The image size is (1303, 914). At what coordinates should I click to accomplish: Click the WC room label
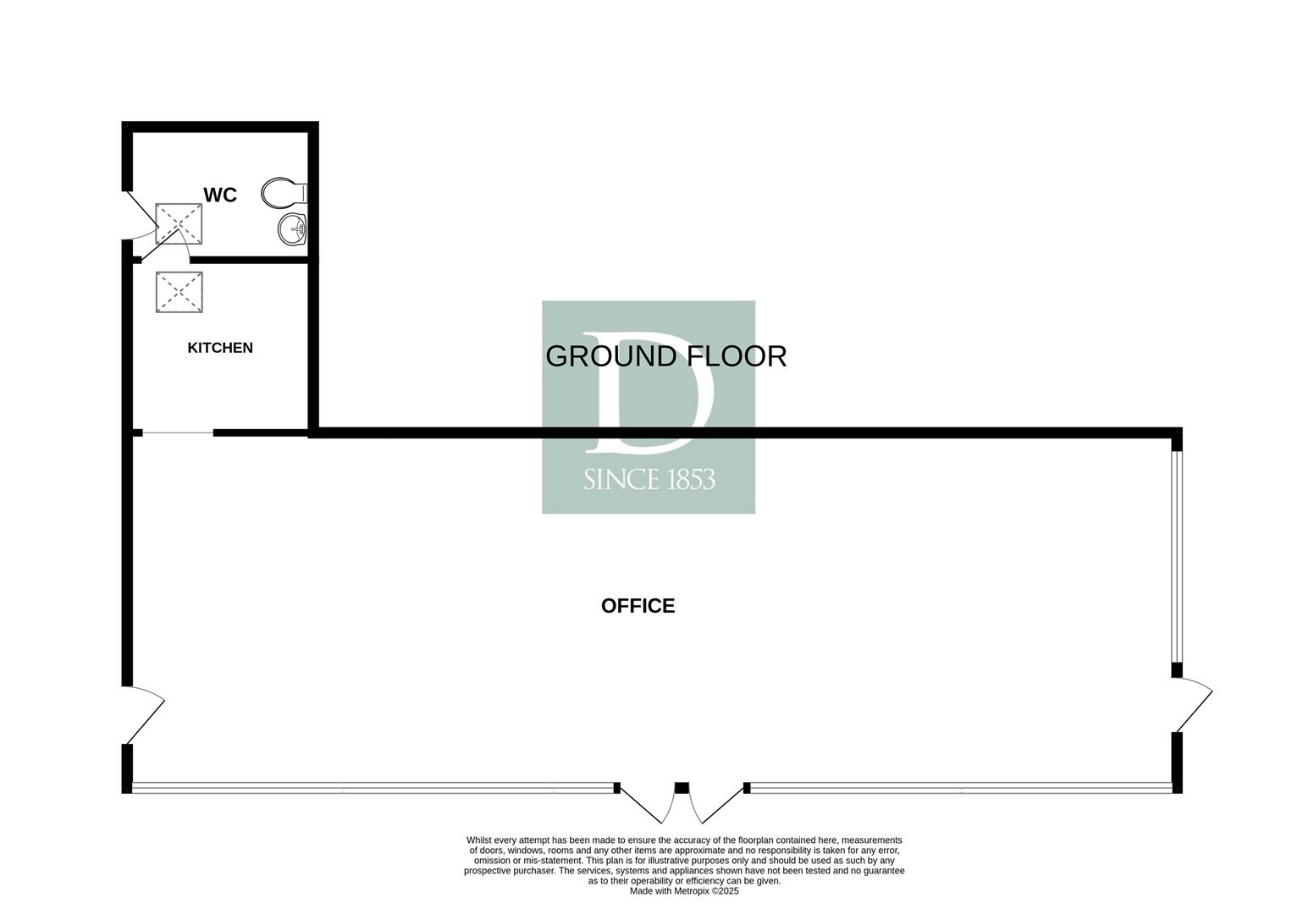[x=220, y=195]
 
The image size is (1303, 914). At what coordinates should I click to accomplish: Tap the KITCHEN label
[x=220, y=348]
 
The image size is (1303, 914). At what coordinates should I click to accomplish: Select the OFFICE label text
[x=638, y=606]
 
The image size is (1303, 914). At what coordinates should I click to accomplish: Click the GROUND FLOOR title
[x=666, y=356]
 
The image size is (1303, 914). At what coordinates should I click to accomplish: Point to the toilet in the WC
[x=284, y=192]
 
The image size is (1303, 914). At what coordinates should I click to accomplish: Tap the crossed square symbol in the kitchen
[x=179, y=292]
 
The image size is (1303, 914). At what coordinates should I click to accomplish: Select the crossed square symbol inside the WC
[x=179, y=224]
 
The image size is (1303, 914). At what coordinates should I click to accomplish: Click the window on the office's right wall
[x=1177, y=556]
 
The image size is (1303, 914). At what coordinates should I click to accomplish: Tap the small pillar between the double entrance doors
[x=682, y=788]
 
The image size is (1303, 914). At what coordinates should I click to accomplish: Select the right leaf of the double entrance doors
[x=719, y=805]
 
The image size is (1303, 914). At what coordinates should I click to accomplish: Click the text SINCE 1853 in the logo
[x=649, y=480]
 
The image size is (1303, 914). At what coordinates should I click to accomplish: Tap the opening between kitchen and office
[x=178, y=432]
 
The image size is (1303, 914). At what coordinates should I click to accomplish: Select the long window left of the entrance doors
[x=373, y=788]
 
